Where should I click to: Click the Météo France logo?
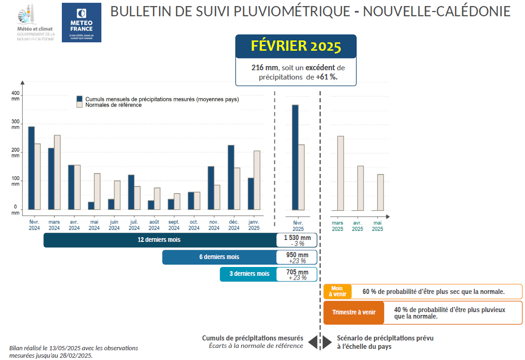pyautogui.click(x=81, y=22)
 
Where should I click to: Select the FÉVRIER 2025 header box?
pyautogui.click(x=296, y=46)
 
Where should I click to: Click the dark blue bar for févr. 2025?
pyautogui.click(x=295, y=157)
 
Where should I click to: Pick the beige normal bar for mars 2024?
pyautogui.click(x=57, y=172)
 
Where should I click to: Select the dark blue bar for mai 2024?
pyautogui.click(x=91, y=206)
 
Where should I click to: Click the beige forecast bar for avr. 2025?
pyautogui.click(x=360, y=188)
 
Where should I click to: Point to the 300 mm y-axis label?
pyautogui.click(x=16, y=124)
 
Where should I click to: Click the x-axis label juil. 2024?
pyautogui.click(x=134, y=225)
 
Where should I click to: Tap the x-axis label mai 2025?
pyautogui.click(x=378, y=226)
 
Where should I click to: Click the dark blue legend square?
pyautogui.click(x=80, y=99)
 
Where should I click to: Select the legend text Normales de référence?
pyautogui.click(x=113, y=105)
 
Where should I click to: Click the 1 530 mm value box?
pyautogui.click(x=297, y=240)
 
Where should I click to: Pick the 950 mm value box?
pyautogui.click(x=297, y=257)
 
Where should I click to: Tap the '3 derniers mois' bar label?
pyautogui.click(x=249, y=274)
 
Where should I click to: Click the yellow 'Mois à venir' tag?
pyautogui.click(x=337, y=292)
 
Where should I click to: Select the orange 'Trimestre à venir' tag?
pyautogui.click(x=354, y=313)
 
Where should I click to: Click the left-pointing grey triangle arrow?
pyautogui.click(x=312, y=342)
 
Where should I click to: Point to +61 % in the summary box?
pyautogui.click(x=326, y=77)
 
